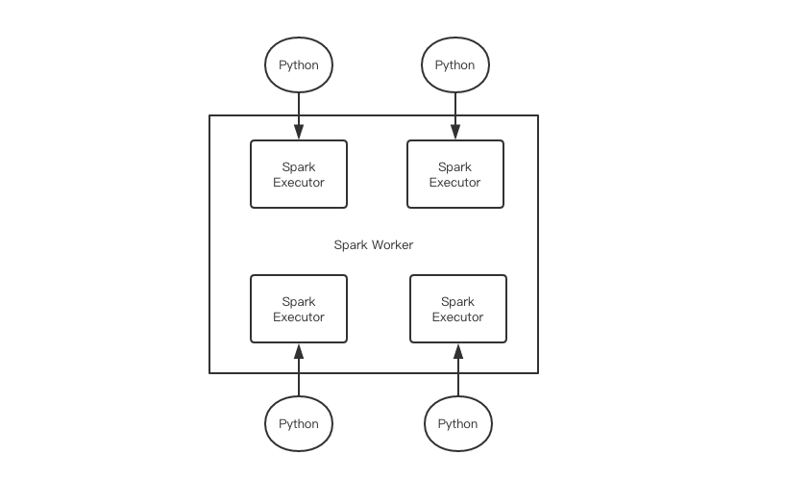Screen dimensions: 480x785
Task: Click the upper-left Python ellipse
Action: click(299, 65)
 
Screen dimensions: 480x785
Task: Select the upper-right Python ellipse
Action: click(455, 65)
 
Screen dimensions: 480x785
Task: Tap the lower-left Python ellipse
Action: click(299, 423)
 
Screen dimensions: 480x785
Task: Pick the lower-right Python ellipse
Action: click(458, 423)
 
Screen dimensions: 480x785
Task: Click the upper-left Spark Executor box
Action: click(299, 174)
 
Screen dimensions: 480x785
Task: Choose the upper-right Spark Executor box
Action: click(455, 174)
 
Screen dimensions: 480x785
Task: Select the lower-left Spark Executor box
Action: click(299, 309)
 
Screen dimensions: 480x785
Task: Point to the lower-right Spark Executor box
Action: click(458, 309)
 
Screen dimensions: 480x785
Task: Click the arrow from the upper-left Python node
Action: click(299, 115)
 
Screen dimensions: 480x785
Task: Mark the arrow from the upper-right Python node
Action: click(455, 115)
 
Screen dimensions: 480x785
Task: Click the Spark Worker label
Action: click(374, 245)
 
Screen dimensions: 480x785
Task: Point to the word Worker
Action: click(392, 245)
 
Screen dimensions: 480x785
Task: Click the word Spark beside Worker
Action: click(351, 245)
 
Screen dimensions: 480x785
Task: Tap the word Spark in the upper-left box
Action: click(299, 167)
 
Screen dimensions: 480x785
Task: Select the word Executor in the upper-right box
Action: click(455, 183)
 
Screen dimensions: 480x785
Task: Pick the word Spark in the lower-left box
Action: click(299, 302)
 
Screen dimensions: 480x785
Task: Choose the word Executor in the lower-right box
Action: click(458, 317)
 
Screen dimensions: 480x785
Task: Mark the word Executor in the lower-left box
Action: click(299, 317)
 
